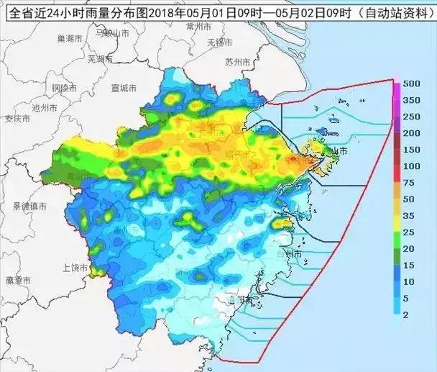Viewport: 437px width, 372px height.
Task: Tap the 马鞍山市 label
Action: click(x=111, y=33)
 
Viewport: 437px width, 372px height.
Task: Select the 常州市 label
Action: click(x=198, y=26)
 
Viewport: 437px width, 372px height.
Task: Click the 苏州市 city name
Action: click(x=238, y=63)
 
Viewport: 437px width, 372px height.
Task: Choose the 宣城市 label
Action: click(x=124, y=88)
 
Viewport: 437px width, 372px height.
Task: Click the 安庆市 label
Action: click(x=17, y=119)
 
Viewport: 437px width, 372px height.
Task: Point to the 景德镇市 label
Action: click(x=29, y=206)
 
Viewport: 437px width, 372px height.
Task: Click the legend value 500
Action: click(x=412, y=83)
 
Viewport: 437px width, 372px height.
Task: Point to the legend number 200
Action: click(x=412, y=133)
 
